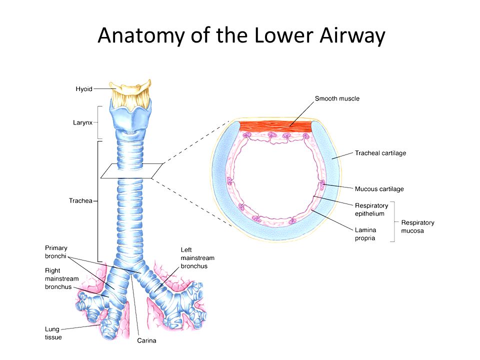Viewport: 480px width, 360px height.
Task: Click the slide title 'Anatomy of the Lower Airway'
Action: [x=241, y=36]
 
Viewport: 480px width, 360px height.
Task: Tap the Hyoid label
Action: [x=83, y=88]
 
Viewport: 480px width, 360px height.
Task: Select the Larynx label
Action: [x=82, y=122]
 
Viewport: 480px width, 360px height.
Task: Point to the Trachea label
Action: [x=80, y=201]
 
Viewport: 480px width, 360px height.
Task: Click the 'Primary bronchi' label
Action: [x=56, y=251]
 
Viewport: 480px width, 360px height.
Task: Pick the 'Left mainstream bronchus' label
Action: [x=197, y=258]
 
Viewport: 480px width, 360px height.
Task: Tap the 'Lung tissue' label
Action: [x=52, y=333]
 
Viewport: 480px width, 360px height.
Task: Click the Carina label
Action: [x=147, y=341]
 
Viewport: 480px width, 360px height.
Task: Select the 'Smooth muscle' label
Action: [x=337, y=99]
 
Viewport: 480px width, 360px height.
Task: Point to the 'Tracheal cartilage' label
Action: [x=380, y=153]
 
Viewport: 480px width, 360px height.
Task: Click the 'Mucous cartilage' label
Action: [x=379, y=189]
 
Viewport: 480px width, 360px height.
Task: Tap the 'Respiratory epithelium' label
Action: [x=371, y=209]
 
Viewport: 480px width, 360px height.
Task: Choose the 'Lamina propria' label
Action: [x=365, y=234]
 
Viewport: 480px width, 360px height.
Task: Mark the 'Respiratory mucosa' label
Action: [x=417, y=226]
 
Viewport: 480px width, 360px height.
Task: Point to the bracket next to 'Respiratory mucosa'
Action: [x=393, y=221]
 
